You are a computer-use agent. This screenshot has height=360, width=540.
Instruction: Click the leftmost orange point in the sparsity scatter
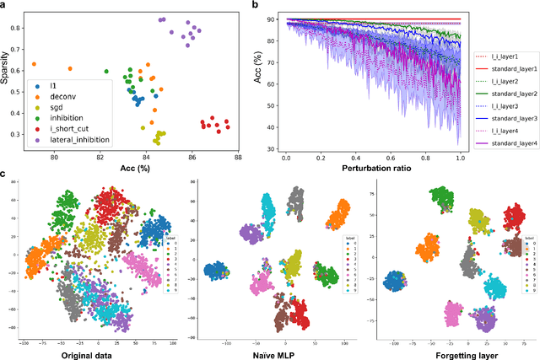(x=34, y=63)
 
